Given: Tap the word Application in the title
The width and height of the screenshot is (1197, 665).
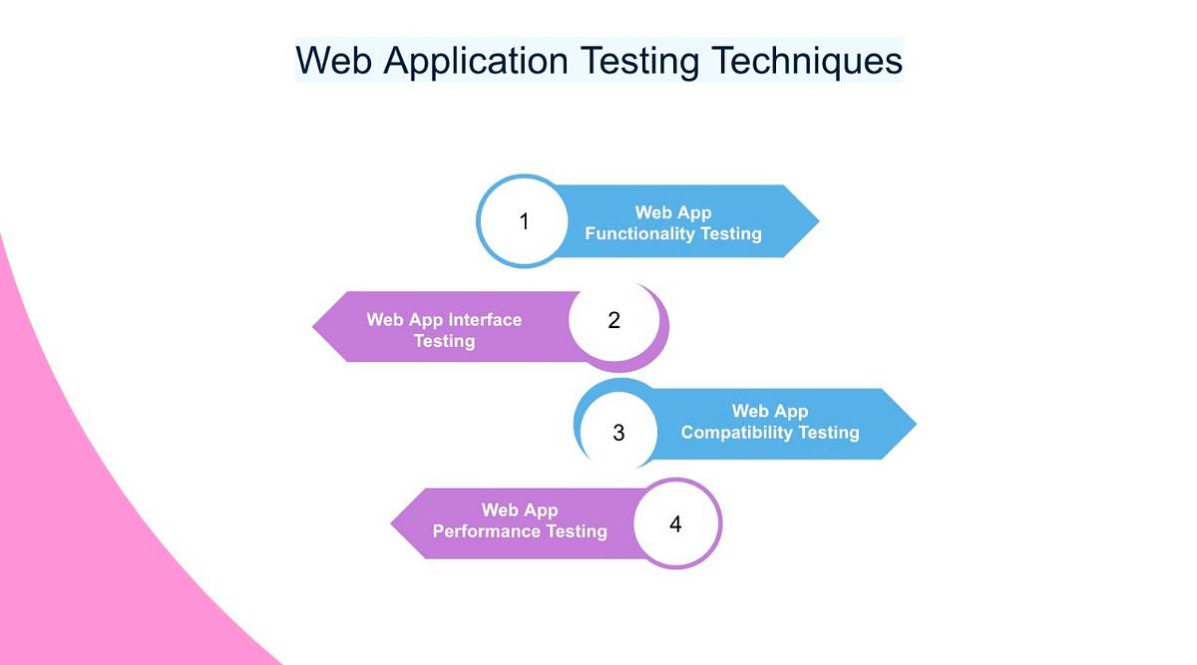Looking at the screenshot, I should (475, 61).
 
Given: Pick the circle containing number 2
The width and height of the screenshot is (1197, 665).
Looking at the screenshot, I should (614, 320).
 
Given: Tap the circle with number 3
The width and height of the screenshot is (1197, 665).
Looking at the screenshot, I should (618, 432).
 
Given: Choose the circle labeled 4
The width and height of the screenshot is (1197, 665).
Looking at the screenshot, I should (675, 523).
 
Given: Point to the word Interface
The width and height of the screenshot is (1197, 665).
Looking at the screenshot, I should (485, 320).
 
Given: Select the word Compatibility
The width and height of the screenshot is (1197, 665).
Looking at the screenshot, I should (736, 433).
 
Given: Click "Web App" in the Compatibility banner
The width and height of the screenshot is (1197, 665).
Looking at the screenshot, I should (770, 411).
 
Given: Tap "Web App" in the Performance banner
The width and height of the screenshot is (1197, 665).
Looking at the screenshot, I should (520, 510).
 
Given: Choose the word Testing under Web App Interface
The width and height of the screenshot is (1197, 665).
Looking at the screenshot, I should (445, 341).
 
